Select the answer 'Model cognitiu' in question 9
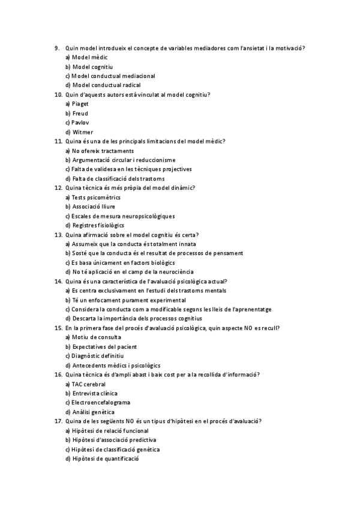point(92,67)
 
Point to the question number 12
point(58,188)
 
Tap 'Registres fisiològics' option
point(98,225)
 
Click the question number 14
point(58,281)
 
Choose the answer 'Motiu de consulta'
point(97,337)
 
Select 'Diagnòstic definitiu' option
point(100,356)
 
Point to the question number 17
point(58,421)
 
